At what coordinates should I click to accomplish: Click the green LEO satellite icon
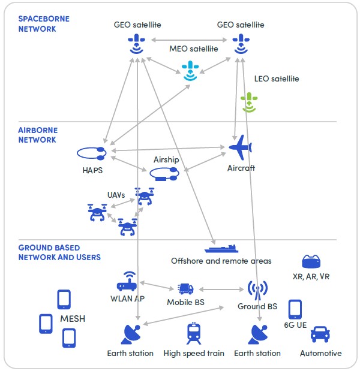pyautogui.click(x=248, y=102)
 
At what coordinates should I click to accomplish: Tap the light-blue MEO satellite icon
pyautogui.click(x=190, y=71)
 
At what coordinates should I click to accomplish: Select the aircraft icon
pyautogui.click(x=241, y=147)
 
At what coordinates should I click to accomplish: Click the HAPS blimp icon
pyautogui.click(x=91, y=153)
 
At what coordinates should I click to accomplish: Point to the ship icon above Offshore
pyautogui.click(x=221, y=248)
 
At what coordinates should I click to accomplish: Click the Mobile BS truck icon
pyautogui.click(x=185, y=289)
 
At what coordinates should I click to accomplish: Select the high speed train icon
pyautogui.click(x=194, y=333)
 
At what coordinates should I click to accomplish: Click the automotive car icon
pyautogui.click(x=320, y=334)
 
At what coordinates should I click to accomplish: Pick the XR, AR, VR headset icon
pyautogui.click(x=311, y=261)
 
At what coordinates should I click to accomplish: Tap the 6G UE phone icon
pyautogui.click(x=295, y=309)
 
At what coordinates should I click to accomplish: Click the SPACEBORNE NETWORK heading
pyautogui.click(x=44, y=23)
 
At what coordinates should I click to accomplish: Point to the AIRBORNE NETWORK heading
pyautogui.click(x=38, y=135)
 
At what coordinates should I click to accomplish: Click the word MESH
pyautogui.click(x=73, y=318)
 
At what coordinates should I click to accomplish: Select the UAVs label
pyautogui.click(x=116, y=195)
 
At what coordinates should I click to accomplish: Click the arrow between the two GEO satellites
pyautogui.click(x=189, y=40)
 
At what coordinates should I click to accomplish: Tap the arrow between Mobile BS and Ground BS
pyautogui.click(x=221, y=289)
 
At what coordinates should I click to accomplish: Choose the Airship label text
pyautogui.click(x=166, y=159)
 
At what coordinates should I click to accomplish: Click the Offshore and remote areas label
pyautogui.click(x=221, y=261)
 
